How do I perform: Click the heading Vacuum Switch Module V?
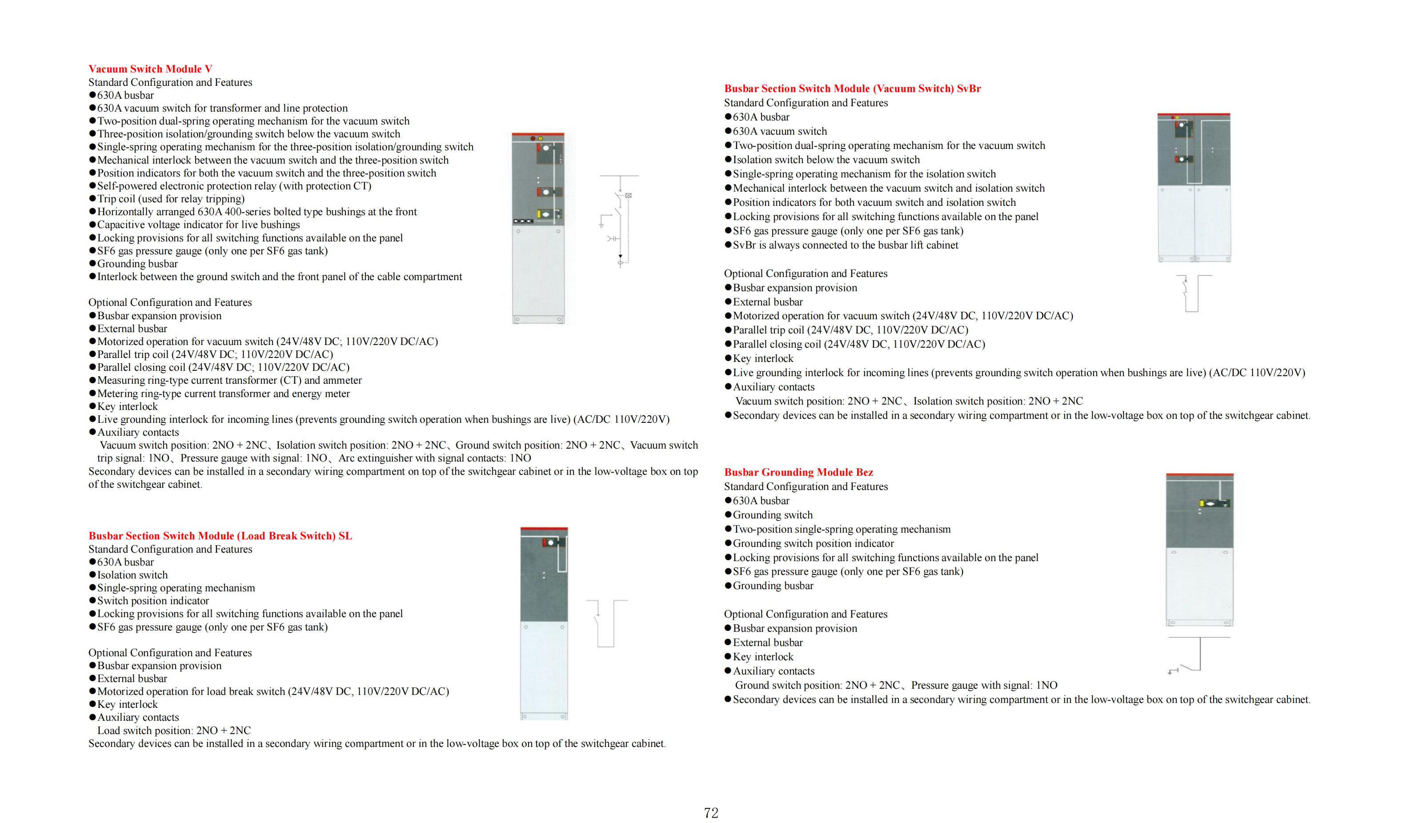pos(150,69)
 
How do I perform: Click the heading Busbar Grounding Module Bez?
pos(798,472)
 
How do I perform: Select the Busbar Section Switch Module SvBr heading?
pos(852,88)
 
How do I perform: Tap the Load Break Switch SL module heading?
pos(220,535)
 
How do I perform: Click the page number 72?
pos(711,813)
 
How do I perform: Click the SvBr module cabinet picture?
pos(1194,188)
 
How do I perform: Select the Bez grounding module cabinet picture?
pos(1199,550)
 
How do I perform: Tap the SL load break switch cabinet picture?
pos(544,623)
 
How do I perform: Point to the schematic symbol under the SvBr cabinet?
pos(1193,293)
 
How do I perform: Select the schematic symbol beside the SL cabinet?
pos(606,623)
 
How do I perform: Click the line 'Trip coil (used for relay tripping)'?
pos(171,199)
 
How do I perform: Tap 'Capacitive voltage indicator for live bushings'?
pos(198,225)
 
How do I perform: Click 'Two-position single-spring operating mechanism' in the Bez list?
pos(842,529)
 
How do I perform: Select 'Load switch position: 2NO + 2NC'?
pos(174,731)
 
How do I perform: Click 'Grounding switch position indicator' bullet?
pos(813,543)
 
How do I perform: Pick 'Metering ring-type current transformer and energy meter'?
pos(223,393)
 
